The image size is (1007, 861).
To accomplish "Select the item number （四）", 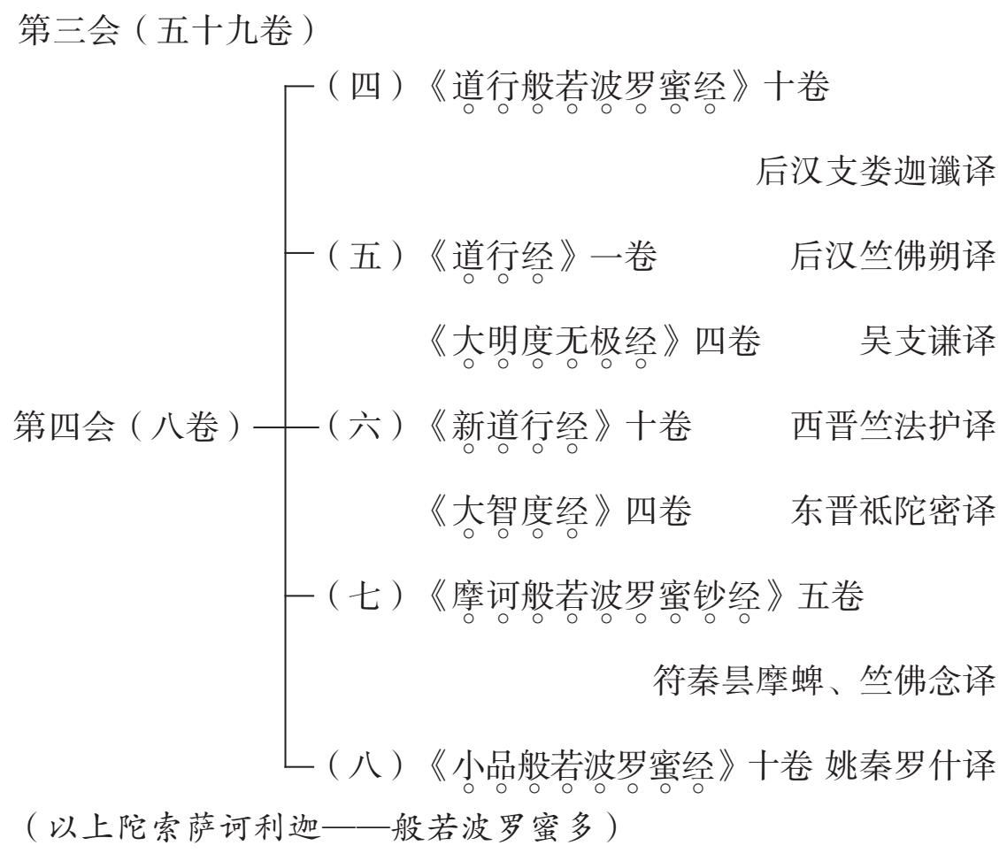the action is (x=365, y=86).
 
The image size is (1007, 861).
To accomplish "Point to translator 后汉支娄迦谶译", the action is (x=875, y=171).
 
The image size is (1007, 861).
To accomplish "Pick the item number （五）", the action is (x=365, y=256).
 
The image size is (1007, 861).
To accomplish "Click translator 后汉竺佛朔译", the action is (x=893, y=256).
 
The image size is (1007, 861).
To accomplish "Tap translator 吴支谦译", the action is (x=927, y=341).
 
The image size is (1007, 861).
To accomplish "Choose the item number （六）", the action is (x=365, y=426).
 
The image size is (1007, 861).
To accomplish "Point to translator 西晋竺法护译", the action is (x=893, y=426).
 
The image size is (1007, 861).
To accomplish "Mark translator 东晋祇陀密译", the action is (x=893, y=511).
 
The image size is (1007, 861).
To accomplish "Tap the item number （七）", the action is (x=365, y=596).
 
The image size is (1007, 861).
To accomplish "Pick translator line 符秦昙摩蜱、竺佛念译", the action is (x=824, y=680).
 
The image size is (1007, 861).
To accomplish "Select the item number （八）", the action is (x=365, y=765).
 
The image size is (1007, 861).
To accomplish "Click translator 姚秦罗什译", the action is (x=910, y=766).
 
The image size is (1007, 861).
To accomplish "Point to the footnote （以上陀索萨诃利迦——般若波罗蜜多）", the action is (x=321, y=827).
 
